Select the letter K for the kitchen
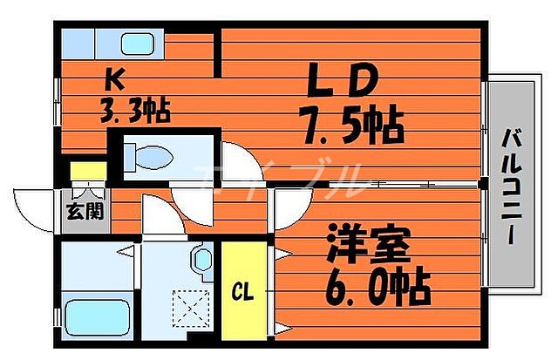click(114, 81)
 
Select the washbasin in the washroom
click(201, 261)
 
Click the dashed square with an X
click(187, 307)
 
